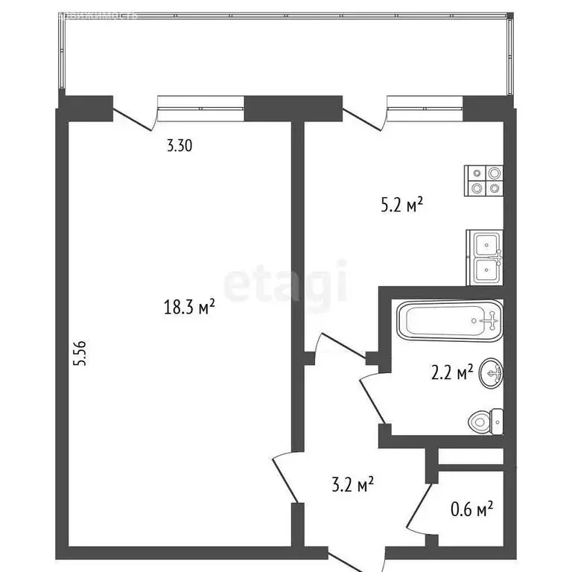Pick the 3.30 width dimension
coord(179,146)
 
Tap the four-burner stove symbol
coord(484,180)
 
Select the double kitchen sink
coord(485,257)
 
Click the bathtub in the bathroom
coord(449,322)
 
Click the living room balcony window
coord(201,107)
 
